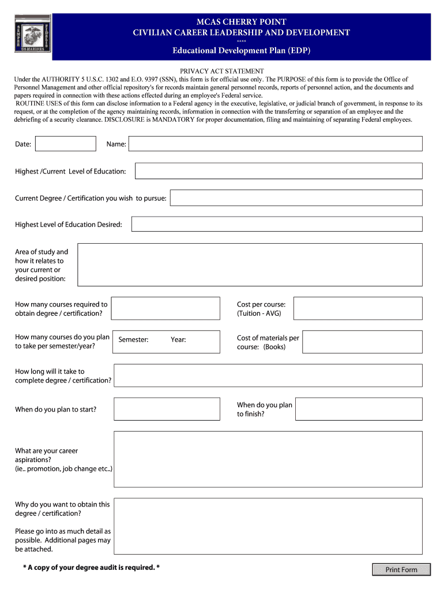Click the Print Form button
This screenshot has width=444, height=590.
[401, 570]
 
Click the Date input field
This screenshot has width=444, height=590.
[66, 144]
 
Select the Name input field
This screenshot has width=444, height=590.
[275, 144]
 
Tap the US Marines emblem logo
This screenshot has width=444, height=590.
[32, 33]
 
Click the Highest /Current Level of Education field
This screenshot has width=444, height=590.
[279, 171]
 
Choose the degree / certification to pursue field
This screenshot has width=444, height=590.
[296, 198]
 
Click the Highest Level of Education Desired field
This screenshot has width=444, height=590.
[277, 224]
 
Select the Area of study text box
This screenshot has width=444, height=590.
[250, 265]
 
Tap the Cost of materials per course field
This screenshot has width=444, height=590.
[362, 342]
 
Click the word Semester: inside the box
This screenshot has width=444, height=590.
[133, 340]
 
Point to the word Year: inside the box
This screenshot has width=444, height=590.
[178, 340]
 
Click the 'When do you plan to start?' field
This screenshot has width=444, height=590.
[167, 409]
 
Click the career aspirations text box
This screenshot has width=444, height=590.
[268, 459]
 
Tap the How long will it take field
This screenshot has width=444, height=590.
[268, 376]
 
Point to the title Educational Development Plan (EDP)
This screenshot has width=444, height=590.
[242, 51]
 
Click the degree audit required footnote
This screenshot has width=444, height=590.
[91, 568]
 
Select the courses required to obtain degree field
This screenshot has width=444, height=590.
[165, 308]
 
